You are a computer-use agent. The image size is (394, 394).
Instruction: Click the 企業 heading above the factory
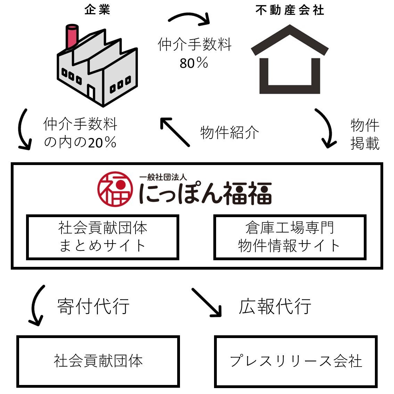click(x=97, y=9)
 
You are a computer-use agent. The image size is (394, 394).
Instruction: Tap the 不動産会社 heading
click(x=289, y=10)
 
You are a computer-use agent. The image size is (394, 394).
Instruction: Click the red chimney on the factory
click(x=72, y=36)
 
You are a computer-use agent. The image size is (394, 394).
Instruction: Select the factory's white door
click(x=91, y=92)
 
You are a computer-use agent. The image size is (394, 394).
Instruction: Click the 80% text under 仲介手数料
click(x=194, y=63)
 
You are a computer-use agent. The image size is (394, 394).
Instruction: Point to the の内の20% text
click(x=80, y=142)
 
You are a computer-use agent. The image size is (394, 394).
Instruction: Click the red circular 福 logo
click(x=115, y=188)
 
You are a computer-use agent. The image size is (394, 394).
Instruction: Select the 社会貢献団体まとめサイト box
click(x=102, y=237)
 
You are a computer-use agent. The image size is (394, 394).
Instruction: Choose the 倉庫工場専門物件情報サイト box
click(x=289, y=237)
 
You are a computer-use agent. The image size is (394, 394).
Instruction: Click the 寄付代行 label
click(x=93, y=306)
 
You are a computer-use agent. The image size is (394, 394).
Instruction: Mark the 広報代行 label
click(x=274, y=306)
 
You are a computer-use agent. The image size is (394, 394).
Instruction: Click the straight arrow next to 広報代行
click(x=207, y=302)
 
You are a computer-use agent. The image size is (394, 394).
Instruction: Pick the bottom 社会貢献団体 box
click(x=98, y=361)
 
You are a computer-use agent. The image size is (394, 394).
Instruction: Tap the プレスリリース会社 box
click(x=296, y=361)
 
